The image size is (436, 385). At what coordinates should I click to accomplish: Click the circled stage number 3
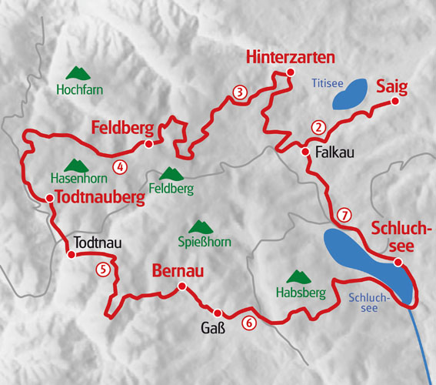coord(240,93)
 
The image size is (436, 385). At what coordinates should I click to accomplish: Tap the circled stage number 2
coord(315,127)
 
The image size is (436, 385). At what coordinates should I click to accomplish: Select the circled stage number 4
coord(119,166)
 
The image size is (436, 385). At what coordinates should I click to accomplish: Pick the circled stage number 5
coord(103,269)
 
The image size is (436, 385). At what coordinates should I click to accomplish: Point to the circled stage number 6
coord(248,323)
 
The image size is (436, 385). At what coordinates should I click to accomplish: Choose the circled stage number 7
coord(344,215)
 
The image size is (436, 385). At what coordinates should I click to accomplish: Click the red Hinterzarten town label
coord(291,58)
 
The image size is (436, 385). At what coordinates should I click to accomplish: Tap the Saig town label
coord(392,85)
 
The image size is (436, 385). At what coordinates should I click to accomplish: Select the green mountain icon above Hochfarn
coord(76,73)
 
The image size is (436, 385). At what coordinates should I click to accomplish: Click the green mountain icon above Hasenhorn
coord(76,165)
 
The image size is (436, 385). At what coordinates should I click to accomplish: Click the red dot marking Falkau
coord(305,152)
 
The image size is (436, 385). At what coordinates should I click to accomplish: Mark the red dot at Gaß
coord(218,313)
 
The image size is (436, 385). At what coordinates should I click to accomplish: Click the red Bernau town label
coord(178,271)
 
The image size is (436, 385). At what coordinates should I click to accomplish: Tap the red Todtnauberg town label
coord(101,198)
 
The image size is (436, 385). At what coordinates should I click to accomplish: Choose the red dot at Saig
coord(394,101)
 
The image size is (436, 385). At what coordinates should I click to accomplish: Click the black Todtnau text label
coord(98,243)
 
